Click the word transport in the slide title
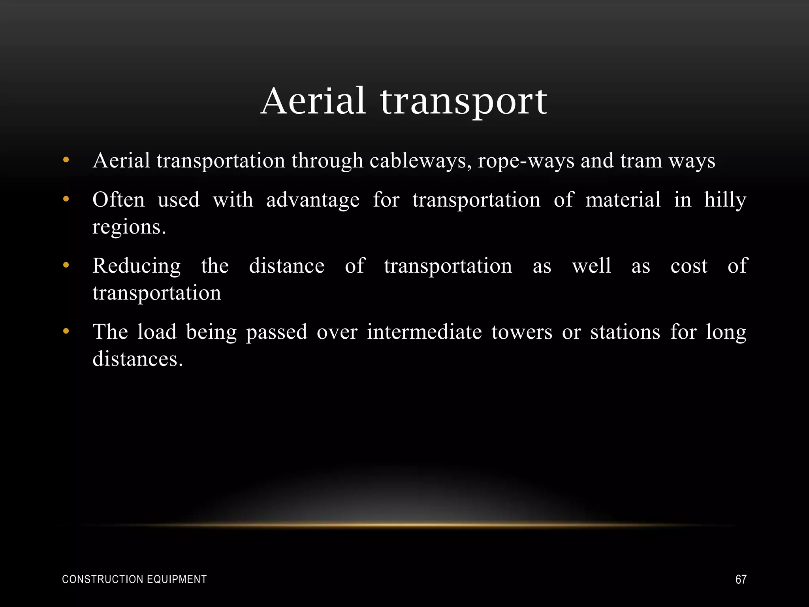tap(464, 102)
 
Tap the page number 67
tap(741, 579)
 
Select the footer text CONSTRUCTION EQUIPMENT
tap(134, 579)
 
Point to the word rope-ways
tap(526, 161)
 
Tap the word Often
tap(119, 200)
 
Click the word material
tap(623, 200)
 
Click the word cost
tap(689, 266)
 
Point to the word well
tap(591, 266)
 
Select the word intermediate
tap(424, 332)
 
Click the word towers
tap(522, 332)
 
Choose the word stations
tap(625, 332)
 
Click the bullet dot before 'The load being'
tap(66, 331)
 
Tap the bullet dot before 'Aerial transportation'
tap(66, 160)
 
